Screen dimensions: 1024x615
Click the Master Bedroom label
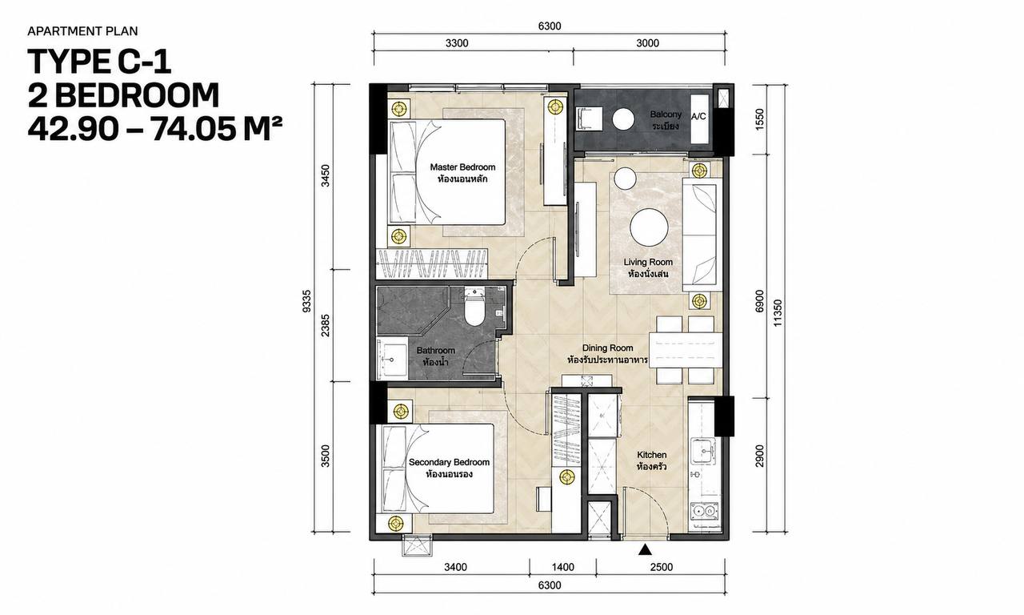tap(462, 173)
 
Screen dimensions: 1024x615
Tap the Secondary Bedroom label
tap(449, 468)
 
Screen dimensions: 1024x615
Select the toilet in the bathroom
tap(474, 307)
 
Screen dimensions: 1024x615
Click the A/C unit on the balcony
tap(699, 119)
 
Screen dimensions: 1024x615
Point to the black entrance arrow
tap(645, 549)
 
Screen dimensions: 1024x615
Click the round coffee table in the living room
tap(649, 227)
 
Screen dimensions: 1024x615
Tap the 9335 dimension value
tap(306, 300)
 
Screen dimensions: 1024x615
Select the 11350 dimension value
tap(778, 313)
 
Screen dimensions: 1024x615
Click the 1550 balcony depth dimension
tap(759, 119)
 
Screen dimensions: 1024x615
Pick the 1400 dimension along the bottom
tap(562, 567)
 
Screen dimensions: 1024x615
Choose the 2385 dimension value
tap(325, 325)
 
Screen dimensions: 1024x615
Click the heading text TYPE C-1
tap(99, 62)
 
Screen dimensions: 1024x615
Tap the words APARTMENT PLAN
tap(82, 31)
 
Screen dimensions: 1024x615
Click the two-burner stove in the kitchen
tap(704, 511)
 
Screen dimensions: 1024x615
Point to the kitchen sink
tap(703, 451)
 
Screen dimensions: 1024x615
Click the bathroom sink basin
tap(72, 358)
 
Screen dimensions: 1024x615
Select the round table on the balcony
tap(623, 119)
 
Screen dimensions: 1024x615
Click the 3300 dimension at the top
tap(457, 43)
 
